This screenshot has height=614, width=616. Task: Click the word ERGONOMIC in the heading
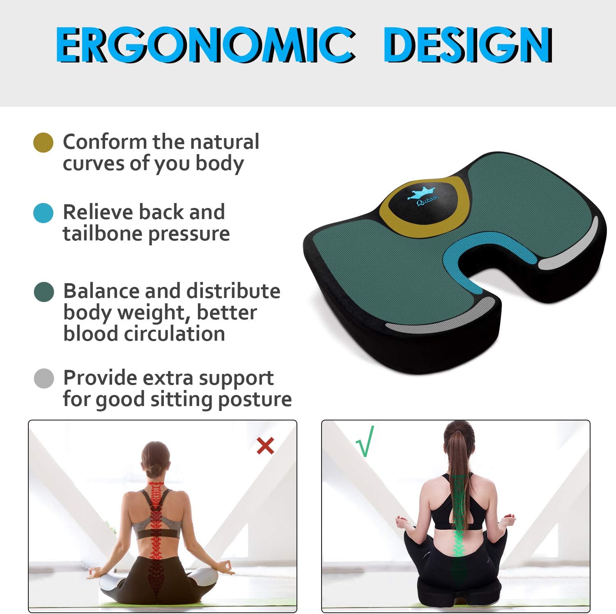point(205,45)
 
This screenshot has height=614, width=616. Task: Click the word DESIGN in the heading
point(468,45)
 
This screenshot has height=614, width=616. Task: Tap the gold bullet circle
point(43,143)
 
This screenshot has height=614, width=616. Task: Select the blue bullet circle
point(43,213)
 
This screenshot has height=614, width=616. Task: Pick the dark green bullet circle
point(44,292)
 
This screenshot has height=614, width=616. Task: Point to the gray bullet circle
point(44,379)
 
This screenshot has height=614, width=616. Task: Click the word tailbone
point(103,234)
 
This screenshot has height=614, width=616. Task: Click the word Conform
point(105,142)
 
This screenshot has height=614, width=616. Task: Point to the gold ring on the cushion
point(388,218)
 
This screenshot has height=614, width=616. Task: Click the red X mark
point(265,445)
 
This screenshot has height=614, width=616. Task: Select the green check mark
point(365,442)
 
